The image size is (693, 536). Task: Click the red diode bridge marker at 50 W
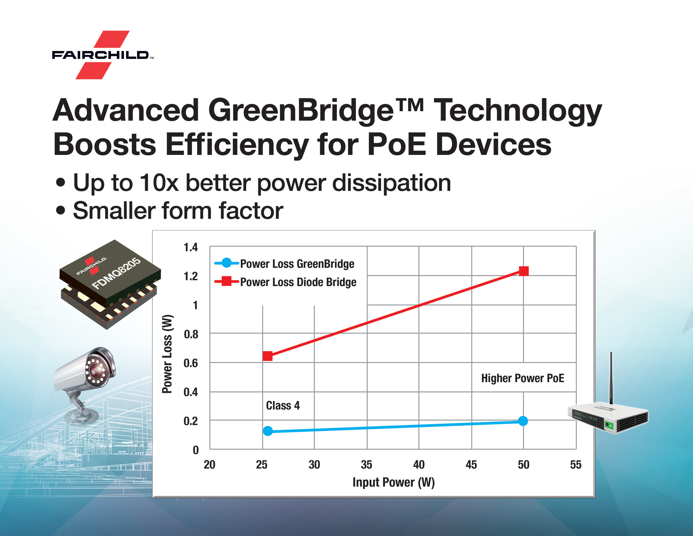[x=524, y=271]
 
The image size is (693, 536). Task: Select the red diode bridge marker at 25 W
[x=267, y=356]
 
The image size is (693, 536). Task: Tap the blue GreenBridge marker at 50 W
[x=523, y=421]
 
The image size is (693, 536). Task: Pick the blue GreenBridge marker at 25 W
[x=267, y=431]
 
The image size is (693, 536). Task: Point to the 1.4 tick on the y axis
[x=191, y=247]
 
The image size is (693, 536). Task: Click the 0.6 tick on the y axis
[x=191, y=363]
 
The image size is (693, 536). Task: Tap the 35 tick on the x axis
[x=366, y=464]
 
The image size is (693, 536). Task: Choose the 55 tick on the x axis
[x=576, y=464]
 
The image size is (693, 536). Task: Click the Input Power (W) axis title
[x=393, y=482]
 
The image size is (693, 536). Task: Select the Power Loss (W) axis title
[x=167, y=354]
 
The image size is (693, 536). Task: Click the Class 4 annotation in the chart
[x=283, y=406]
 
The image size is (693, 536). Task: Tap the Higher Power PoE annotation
[x=523, y=378]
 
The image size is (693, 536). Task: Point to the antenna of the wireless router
[x=611, y=377]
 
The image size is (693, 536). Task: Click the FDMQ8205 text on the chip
[x=116, y=273]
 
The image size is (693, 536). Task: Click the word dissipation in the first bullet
[x=391, y=183]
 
